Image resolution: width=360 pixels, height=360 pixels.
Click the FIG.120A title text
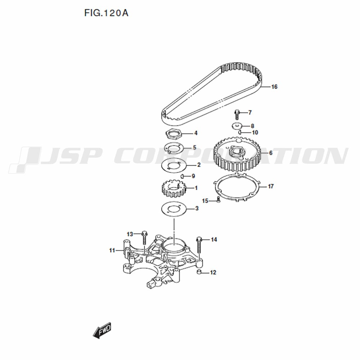pos(106,13)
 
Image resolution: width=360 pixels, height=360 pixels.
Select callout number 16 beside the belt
pos(274,87)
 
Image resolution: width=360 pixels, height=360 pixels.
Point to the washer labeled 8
pos(237,126)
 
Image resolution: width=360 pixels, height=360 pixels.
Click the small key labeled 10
pos(240,132)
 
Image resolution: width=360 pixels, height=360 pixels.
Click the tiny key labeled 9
pos(182,176)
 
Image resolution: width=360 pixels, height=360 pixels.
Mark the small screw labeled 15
pos(219,200)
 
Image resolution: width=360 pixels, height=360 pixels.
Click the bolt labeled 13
pos(144,238)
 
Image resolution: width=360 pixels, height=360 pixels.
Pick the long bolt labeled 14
pos(199,245)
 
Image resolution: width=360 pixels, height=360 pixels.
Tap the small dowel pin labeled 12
pos(199,272)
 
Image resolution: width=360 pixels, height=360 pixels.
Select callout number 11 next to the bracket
pos(112,251)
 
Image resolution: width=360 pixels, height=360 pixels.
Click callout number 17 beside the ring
pos(271,186)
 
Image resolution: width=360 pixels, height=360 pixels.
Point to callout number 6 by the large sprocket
pos(271,153)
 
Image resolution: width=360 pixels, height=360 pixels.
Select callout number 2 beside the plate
pos(199,165)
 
